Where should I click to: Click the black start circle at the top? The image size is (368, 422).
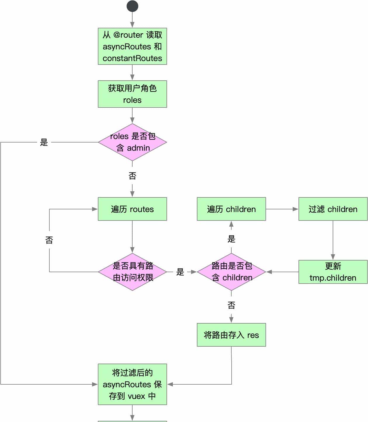(132, 6)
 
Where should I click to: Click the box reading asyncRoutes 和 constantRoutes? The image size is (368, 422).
(132, 46)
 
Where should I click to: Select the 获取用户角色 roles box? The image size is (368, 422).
(132, 94)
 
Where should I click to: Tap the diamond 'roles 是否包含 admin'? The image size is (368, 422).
(132, 142)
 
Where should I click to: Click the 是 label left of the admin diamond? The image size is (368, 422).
(44, 142)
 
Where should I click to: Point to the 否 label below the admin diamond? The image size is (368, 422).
(132, 176)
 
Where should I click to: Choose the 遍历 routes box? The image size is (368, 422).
(132, 209)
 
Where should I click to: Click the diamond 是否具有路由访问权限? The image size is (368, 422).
(132, 272)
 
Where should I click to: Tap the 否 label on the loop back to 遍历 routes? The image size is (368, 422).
(49, 240)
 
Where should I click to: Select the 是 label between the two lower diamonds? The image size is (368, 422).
(180, 272)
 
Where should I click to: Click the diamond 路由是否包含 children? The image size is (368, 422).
(231, 272)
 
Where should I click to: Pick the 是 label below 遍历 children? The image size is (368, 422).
(231, 239)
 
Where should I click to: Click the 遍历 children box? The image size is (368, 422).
(231, 209)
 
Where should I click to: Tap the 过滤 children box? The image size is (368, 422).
(333, 209)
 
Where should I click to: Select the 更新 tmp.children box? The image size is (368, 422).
(333, 272)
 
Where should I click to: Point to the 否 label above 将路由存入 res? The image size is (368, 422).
(231, 305)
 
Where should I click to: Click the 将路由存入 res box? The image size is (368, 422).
(231, 335)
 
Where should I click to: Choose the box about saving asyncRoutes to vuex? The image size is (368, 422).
(132, 384)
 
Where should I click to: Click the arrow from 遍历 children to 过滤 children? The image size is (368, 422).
(282, 209)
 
